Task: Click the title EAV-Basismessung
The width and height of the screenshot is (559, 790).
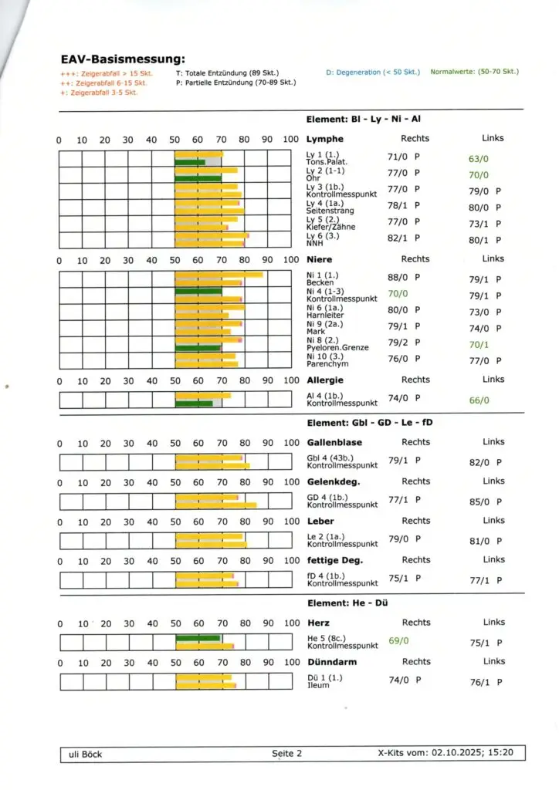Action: point(123,59)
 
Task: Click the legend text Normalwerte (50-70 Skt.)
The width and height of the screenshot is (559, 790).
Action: point(474,72)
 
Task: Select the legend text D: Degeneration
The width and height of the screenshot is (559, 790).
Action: point(373,73)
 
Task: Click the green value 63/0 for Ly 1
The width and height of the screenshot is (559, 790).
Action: point(479,159)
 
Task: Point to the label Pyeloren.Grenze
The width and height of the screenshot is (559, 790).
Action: point(337,348)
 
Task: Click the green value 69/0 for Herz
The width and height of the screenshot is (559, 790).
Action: point(398,640)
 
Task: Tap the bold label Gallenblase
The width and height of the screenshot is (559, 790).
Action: point(334,443)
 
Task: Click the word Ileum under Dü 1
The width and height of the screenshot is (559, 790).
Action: point(318,685)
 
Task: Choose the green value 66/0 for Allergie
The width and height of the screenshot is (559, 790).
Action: point(479,400)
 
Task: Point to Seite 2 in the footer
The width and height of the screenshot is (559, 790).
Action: point(286,754)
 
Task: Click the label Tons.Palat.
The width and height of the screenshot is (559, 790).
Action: point(327,162)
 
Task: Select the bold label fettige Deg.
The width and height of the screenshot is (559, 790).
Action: point(335,560)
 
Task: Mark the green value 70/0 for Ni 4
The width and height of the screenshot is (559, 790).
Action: point(398,294)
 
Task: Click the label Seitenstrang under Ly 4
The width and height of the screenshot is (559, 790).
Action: point(330,211)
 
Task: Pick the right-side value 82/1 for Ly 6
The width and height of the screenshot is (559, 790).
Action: point(398,239)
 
